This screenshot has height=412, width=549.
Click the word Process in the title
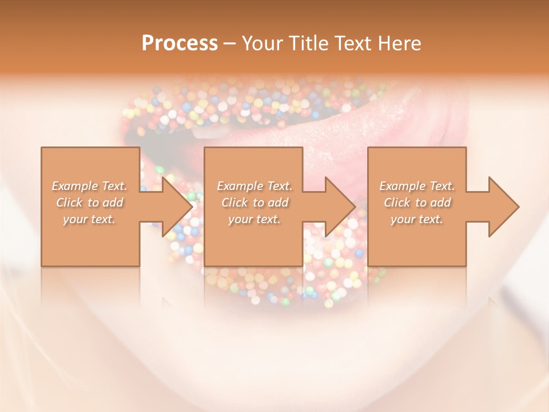[180, 43]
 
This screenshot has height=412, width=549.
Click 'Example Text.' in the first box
[89, 186]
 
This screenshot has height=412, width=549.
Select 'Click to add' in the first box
[89, 203]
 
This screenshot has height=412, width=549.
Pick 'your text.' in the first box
[89, 219]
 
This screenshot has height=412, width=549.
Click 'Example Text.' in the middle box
[254, 186]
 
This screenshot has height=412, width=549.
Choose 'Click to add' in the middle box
[254, 203]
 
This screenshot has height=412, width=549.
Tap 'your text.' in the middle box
[254, 219]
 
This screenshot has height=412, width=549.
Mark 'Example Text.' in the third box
[417, 186]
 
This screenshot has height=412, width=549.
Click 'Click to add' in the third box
[417, 203]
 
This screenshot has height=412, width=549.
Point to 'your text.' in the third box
[417, 219]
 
